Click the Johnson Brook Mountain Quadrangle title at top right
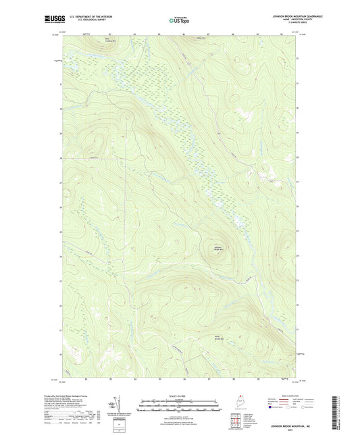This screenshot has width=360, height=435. point(284,15)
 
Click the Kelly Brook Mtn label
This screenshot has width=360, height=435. point(217,338)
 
